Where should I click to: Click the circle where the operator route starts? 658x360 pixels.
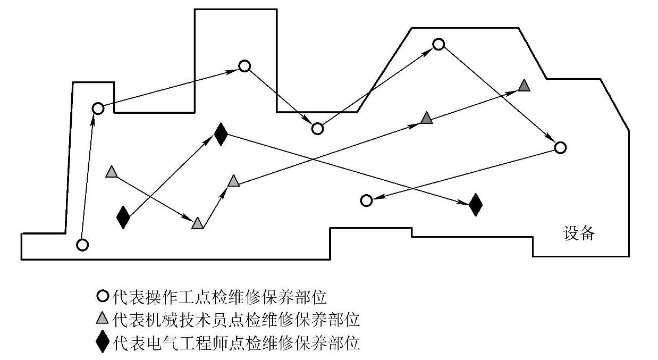pos(82,245)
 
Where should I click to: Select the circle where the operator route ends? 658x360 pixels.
pos(366,200)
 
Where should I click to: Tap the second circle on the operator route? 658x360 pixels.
pos(98,108)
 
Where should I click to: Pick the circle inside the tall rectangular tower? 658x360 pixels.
pos(244,66)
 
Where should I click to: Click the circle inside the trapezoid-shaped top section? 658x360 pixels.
pos(438,44)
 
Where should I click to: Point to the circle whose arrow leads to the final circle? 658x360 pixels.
pos(560,147)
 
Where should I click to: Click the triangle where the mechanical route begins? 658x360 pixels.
pos(111,172)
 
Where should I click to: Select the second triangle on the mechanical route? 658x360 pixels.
pos(198,224)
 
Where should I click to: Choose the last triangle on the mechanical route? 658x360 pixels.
pos(524,85)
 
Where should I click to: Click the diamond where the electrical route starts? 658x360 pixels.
pos(123,217)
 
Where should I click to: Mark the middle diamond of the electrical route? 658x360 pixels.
pos(221,135)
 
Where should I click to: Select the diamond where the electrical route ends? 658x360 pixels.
pos(476,204)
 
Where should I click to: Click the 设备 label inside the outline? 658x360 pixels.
pos(579,233)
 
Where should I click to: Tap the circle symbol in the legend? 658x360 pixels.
pos(104,296)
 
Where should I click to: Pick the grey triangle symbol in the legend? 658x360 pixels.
pos(104,319)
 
